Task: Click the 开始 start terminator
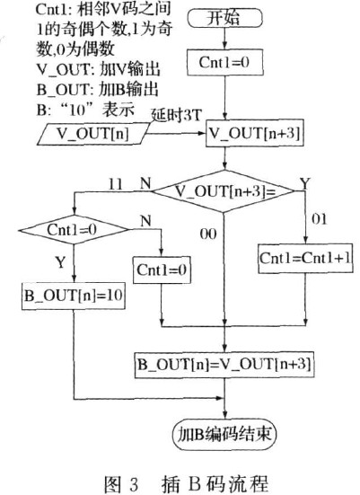tap(224, 18)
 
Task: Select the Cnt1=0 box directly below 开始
tap(225, 62)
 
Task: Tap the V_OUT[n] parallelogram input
tap(93, 134)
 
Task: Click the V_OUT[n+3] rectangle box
tap(255, 133)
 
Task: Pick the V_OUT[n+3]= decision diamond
tap(224, 191)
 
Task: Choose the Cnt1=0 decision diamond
tap(74, 229)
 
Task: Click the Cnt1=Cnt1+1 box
tap(305, 258)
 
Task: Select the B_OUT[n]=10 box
tap(74, 296)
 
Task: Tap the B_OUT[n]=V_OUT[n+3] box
tap(224, 365)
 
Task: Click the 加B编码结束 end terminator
tap(224, 435)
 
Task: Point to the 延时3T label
tap(176, 115)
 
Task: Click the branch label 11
tap(115, 184)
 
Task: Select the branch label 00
tap(208, 234)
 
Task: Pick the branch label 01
tap(319, 219)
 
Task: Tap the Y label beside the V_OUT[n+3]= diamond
tap(304, 183)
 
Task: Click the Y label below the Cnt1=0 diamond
tap(60, 262)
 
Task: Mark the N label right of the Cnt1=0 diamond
tap(145, 221)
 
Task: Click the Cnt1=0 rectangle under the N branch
tap(162, 270)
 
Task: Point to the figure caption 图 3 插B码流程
tap(186, 482)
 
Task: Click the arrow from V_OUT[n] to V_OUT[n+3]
tap(176, 134)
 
